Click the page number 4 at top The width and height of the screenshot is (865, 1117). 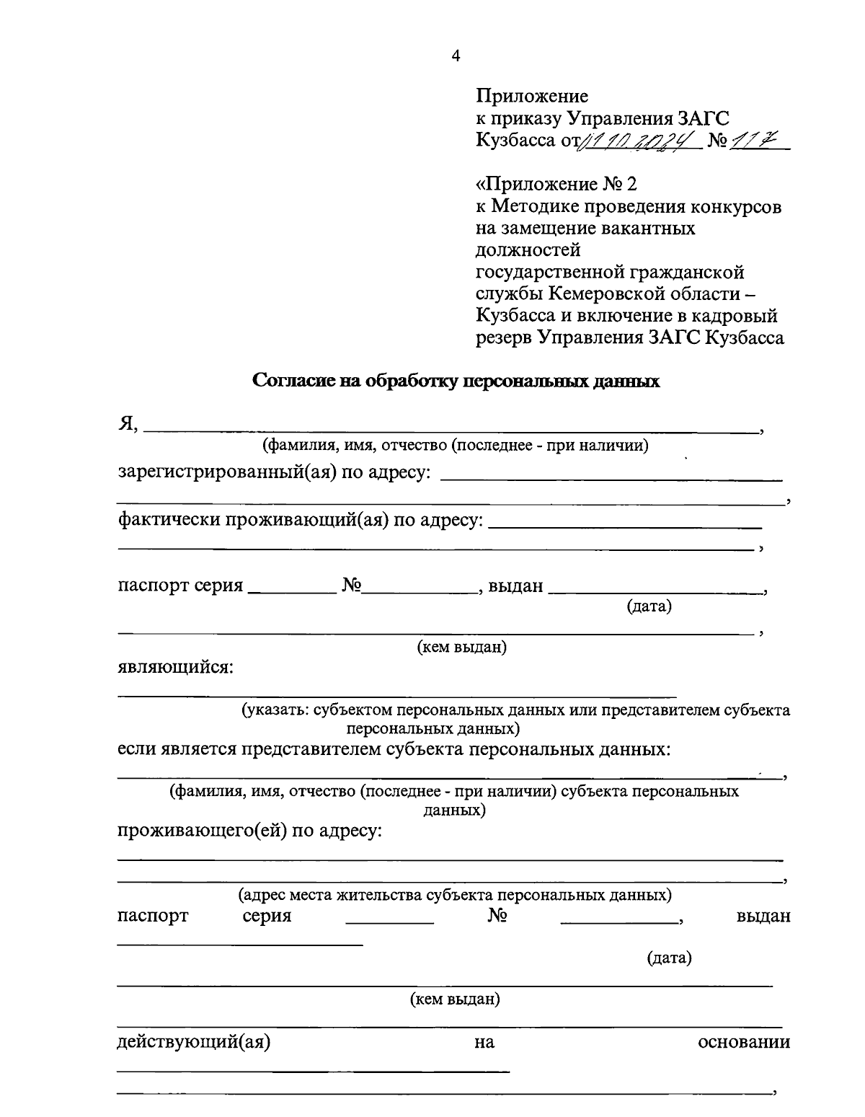pyautogui.click(x=455, y=57)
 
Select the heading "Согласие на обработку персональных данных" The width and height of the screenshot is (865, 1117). pyautogui.click(x=456, y=381)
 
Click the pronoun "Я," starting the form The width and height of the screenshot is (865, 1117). pyautogui.click(x=128, y=425)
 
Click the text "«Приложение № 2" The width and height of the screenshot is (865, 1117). pyautogui.click(x=556, y=184)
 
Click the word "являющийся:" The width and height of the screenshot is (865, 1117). pyautogui.click(x=175, y=667)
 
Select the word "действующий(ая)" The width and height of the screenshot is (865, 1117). pyautogui.click(x=194, y=1042)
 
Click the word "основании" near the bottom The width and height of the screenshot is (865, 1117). pyautogui.click(x=744, y=1042)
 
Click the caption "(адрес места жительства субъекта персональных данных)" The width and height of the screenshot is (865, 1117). pyautogui.click(x=455, y=896)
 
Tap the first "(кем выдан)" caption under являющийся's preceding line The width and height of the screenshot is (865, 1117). pyautogui.click(x=462, y=648)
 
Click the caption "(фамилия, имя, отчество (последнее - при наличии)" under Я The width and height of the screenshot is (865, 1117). pyautogui.click(x=455, y=446)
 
